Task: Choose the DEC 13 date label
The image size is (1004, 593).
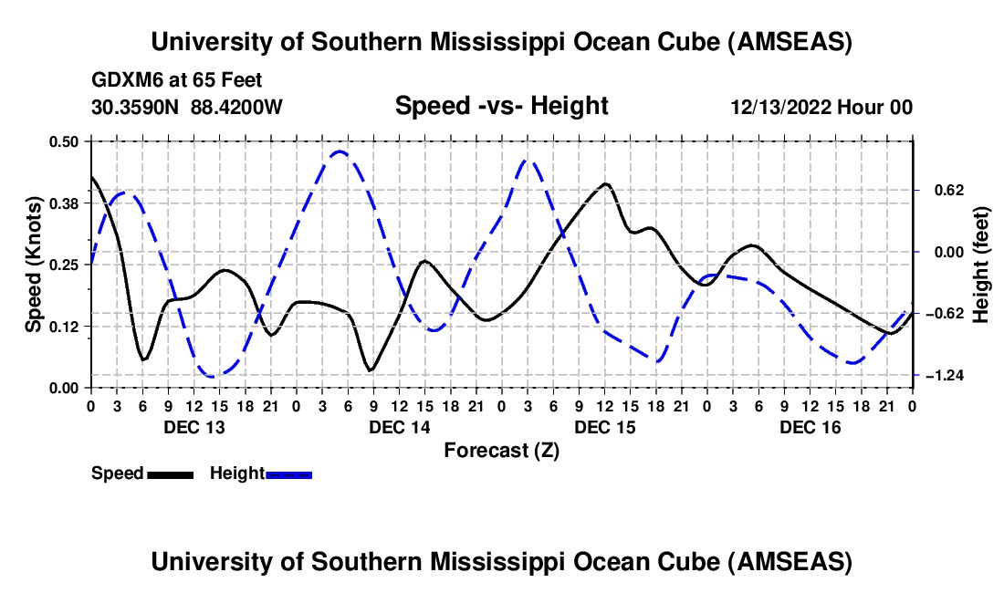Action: coord(193,427)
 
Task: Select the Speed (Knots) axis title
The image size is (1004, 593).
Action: coord(34,265)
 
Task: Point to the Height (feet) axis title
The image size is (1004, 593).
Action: coord(982,265)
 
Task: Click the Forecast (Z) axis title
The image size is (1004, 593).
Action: coord(500,450)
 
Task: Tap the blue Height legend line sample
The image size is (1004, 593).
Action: coord(288,473)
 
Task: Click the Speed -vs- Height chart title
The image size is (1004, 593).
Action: coord(501,106)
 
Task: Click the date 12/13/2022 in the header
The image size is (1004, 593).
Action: coord(782,108)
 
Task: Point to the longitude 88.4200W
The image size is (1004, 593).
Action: coord(236,107)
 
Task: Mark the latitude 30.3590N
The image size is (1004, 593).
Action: coord(136,107)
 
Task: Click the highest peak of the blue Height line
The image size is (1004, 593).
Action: coord(340,151)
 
